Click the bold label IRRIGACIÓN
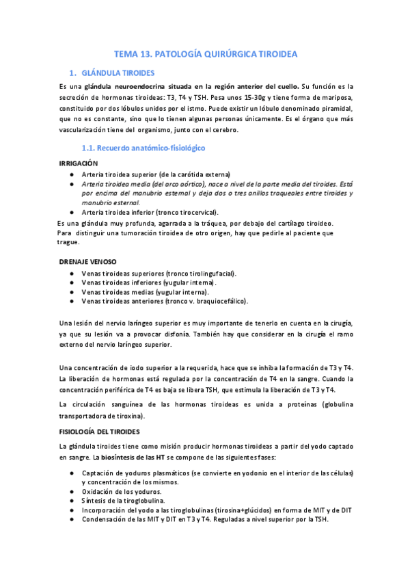79,163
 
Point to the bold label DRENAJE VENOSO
88,262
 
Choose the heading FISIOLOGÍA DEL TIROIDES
99,432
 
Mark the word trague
68,242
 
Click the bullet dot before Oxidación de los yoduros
72,491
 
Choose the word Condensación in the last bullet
105,518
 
